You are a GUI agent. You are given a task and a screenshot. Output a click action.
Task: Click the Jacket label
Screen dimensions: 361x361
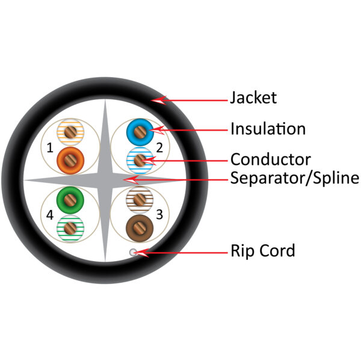[x=253, y=97]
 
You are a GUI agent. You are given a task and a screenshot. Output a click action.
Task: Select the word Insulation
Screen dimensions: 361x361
[x=268, y=129]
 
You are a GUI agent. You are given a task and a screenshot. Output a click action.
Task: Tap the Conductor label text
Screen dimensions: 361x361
[x=270, y=159]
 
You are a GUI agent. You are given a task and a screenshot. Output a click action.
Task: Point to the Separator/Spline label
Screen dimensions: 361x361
[x=294, y=178]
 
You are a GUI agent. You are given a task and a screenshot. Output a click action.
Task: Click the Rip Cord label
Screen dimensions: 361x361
[x=262, y=250]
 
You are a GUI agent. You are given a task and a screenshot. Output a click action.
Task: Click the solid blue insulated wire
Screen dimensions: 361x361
[x=140, y=129]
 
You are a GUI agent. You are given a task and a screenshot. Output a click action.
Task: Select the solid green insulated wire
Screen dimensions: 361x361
[x=69, y=199]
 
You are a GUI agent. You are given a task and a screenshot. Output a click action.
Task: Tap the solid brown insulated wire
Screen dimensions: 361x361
[x=140, y=228]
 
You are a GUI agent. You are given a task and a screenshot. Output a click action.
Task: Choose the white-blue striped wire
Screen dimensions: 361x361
[x=140, y=160]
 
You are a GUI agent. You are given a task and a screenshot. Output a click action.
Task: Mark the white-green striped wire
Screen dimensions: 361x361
[x=69, y=228]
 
